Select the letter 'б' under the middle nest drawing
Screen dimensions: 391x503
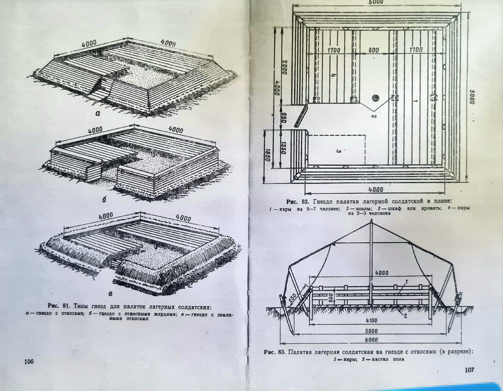(x=104, y=199)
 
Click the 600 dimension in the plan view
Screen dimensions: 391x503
(x=374, y=50)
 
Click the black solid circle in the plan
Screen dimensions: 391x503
(x=375, y=98)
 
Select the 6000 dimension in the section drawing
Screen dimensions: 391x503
(x=371, y=340)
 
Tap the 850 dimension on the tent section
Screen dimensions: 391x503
(x=293, y=299)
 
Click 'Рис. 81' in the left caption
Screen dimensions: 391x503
(x=58, y=306)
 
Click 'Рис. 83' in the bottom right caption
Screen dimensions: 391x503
(x=274, y=352)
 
